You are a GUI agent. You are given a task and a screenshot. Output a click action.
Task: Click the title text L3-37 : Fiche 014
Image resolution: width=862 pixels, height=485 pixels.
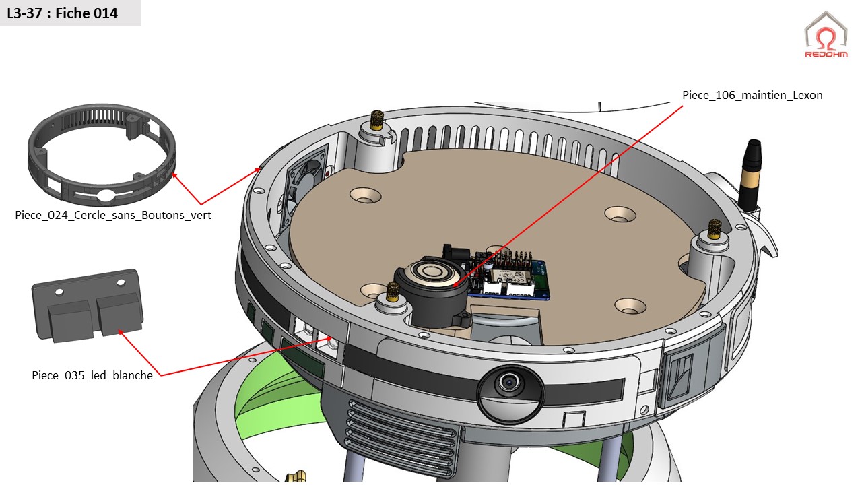point(63,13)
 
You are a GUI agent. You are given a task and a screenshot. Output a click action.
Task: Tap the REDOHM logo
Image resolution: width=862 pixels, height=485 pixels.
point(826,36)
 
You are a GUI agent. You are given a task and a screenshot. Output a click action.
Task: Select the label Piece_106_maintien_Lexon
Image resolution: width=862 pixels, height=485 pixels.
point(752,95)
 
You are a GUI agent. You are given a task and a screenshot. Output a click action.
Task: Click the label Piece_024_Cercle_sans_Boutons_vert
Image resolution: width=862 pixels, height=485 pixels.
point(113,215)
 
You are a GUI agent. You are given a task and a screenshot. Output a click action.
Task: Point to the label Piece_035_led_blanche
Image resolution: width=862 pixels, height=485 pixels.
point(92,375)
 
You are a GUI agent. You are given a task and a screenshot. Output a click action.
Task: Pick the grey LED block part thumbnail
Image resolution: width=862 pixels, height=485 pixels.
point(88,306)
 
